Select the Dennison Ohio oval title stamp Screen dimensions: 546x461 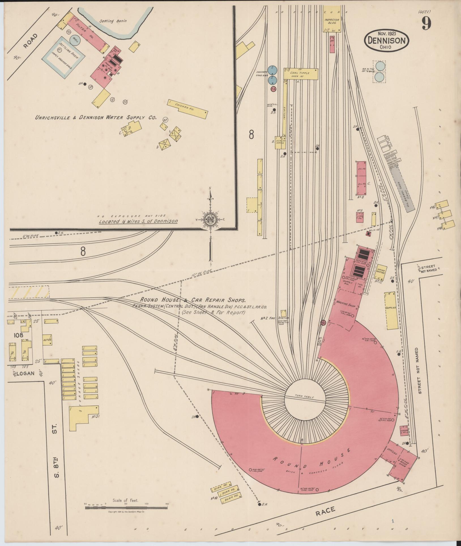tap(386, 41)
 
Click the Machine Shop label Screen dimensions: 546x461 tap(346, 306)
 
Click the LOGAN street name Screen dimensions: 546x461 tap(25, 373)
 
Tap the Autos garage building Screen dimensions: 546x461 tap(47, 339)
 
